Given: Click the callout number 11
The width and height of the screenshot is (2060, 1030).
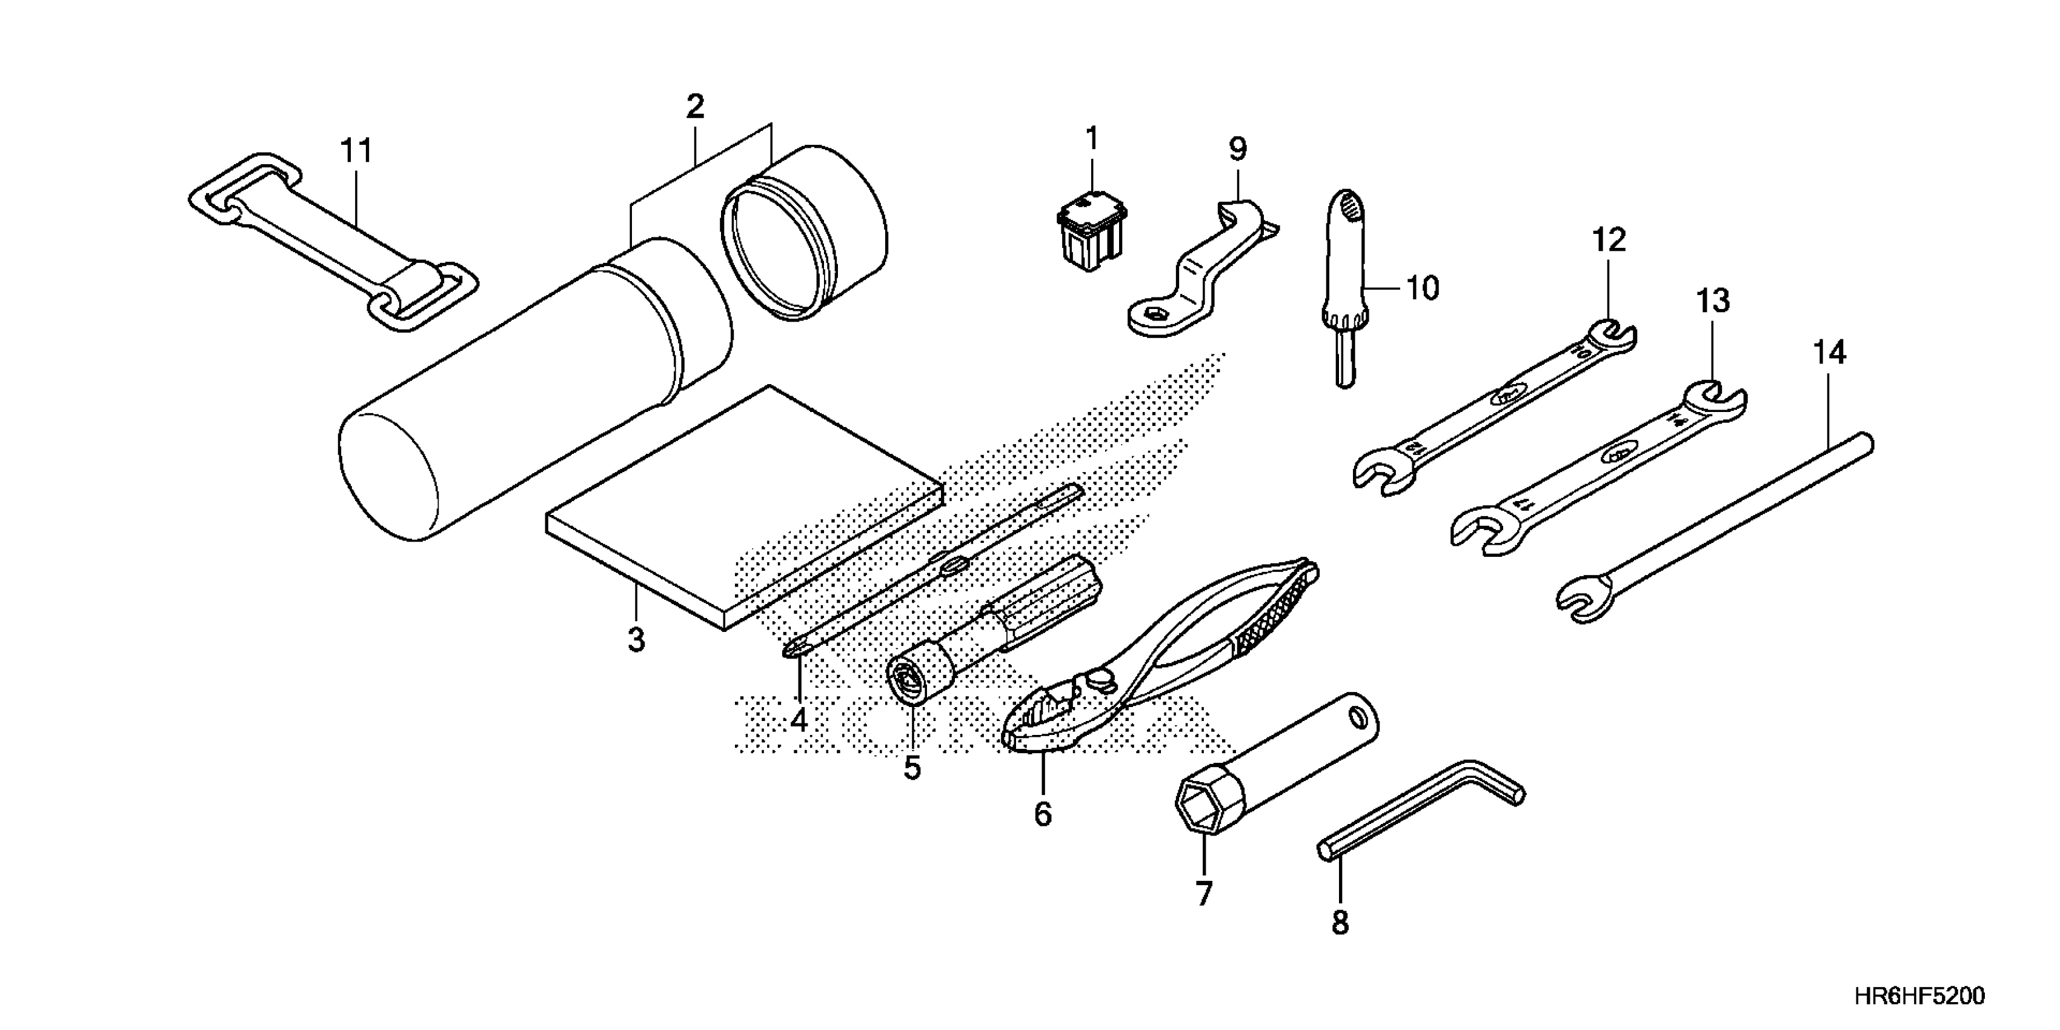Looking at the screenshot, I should click(x=356, y=150).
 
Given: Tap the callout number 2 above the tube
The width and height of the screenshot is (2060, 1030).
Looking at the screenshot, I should click(x=694, y=107).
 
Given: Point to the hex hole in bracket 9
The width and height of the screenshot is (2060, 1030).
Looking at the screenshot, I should click(x=1154, y=315).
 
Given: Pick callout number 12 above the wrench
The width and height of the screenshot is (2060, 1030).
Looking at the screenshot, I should click(x=1609, y=240).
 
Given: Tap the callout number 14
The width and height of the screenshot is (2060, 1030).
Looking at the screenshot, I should click(x=1830, y=353).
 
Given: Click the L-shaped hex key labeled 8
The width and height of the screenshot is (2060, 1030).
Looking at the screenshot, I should click(x=1423, y=809).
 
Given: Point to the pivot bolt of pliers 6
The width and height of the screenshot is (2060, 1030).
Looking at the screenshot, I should click(x=1103, y=679).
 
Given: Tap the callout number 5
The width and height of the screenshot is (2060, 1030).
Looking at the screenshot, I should click(x=912, y=768).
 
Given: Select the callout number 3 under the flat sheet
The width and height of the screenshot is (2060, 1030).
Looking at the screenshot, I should click(x=636, y=640).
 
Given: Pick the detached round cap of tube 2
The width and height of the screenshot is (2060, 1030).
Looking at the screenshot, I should click(x=808, y=232).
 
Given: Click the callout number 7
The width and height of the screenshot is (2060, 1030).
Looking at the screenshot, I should click(x=1203, y=893).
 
